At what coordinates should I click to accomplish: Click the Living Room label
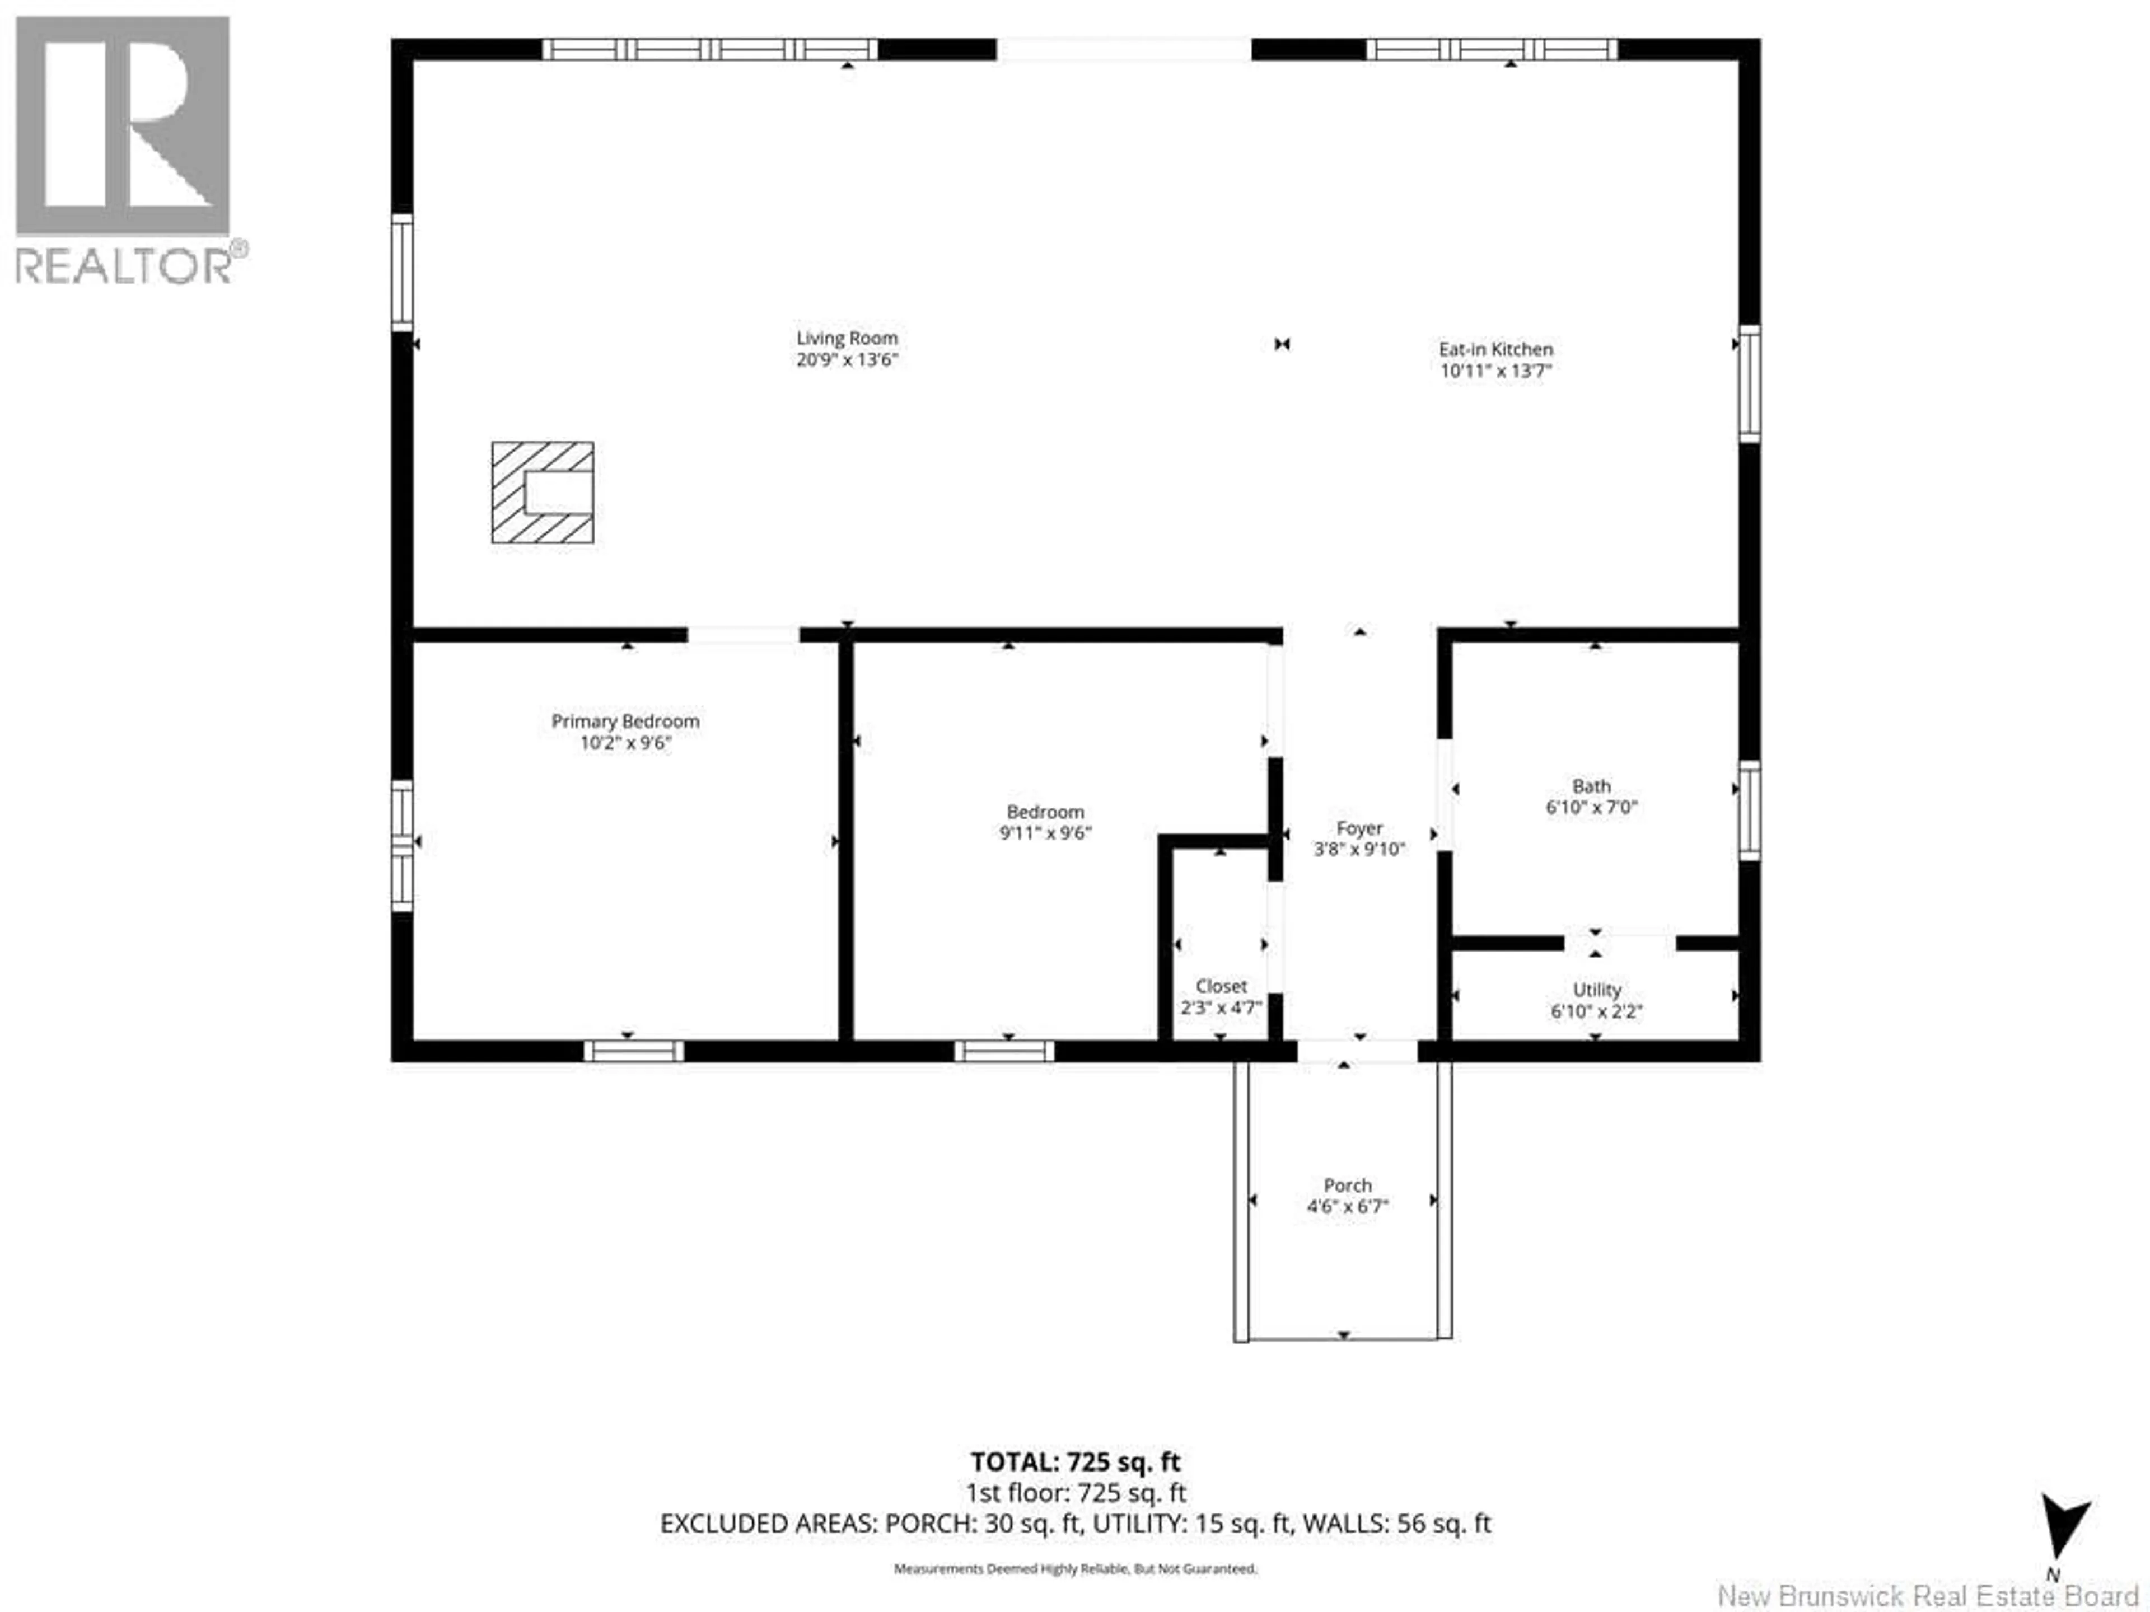pyautogui.click(x=847, y=338)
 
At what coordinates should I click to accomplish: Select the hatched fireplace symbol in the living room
pyautogui.click(x=543, y=493)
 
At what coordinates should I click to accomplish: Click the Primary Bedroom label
pyautogui.click(x=625, y=721)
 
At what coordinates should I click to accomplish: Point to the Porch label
pyautogui.click(x=1347, y=1185)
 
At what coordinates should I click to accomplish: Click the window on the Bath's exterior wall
pyautogui.click(x=1749, y=810)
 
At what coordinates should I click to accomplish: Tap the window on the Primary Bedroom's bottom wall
pyautogui.click(x=634, y=1051)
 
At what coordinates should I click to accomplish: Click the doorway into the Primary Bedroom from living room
pyautogui.click(x=744, y=635)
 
